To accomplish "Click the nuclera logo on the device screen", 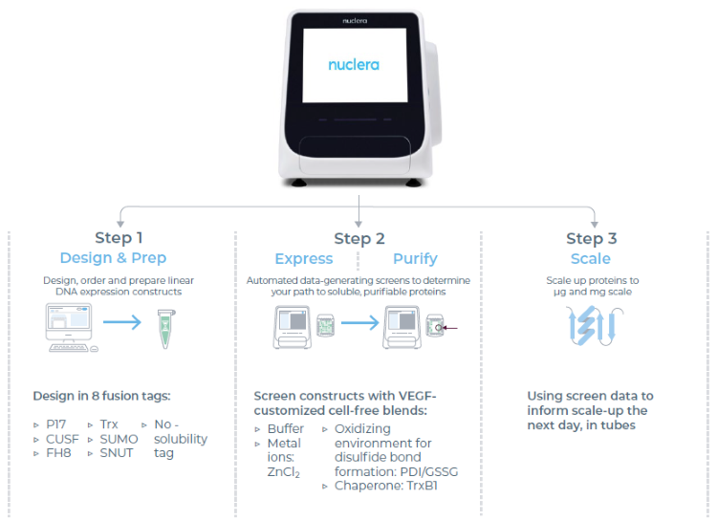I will (353, 65).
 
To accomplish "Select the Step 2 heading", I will (359, 238).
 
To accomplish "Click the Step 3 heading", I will (591, 238).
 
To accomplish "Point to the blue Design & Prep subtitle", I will (113, 258).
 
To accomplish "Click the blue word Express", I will (303, 258).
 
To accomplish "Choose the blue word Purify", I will (415, 258).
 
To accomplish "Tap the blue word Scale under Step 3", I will (591, 258).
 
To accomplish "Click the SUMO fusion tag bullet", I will (119, 439).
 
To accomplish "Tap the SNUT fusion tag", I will (118, 453).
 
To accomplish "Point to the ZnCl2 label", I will (285, 471).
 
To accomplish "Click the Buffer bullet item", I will (285, 429).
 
